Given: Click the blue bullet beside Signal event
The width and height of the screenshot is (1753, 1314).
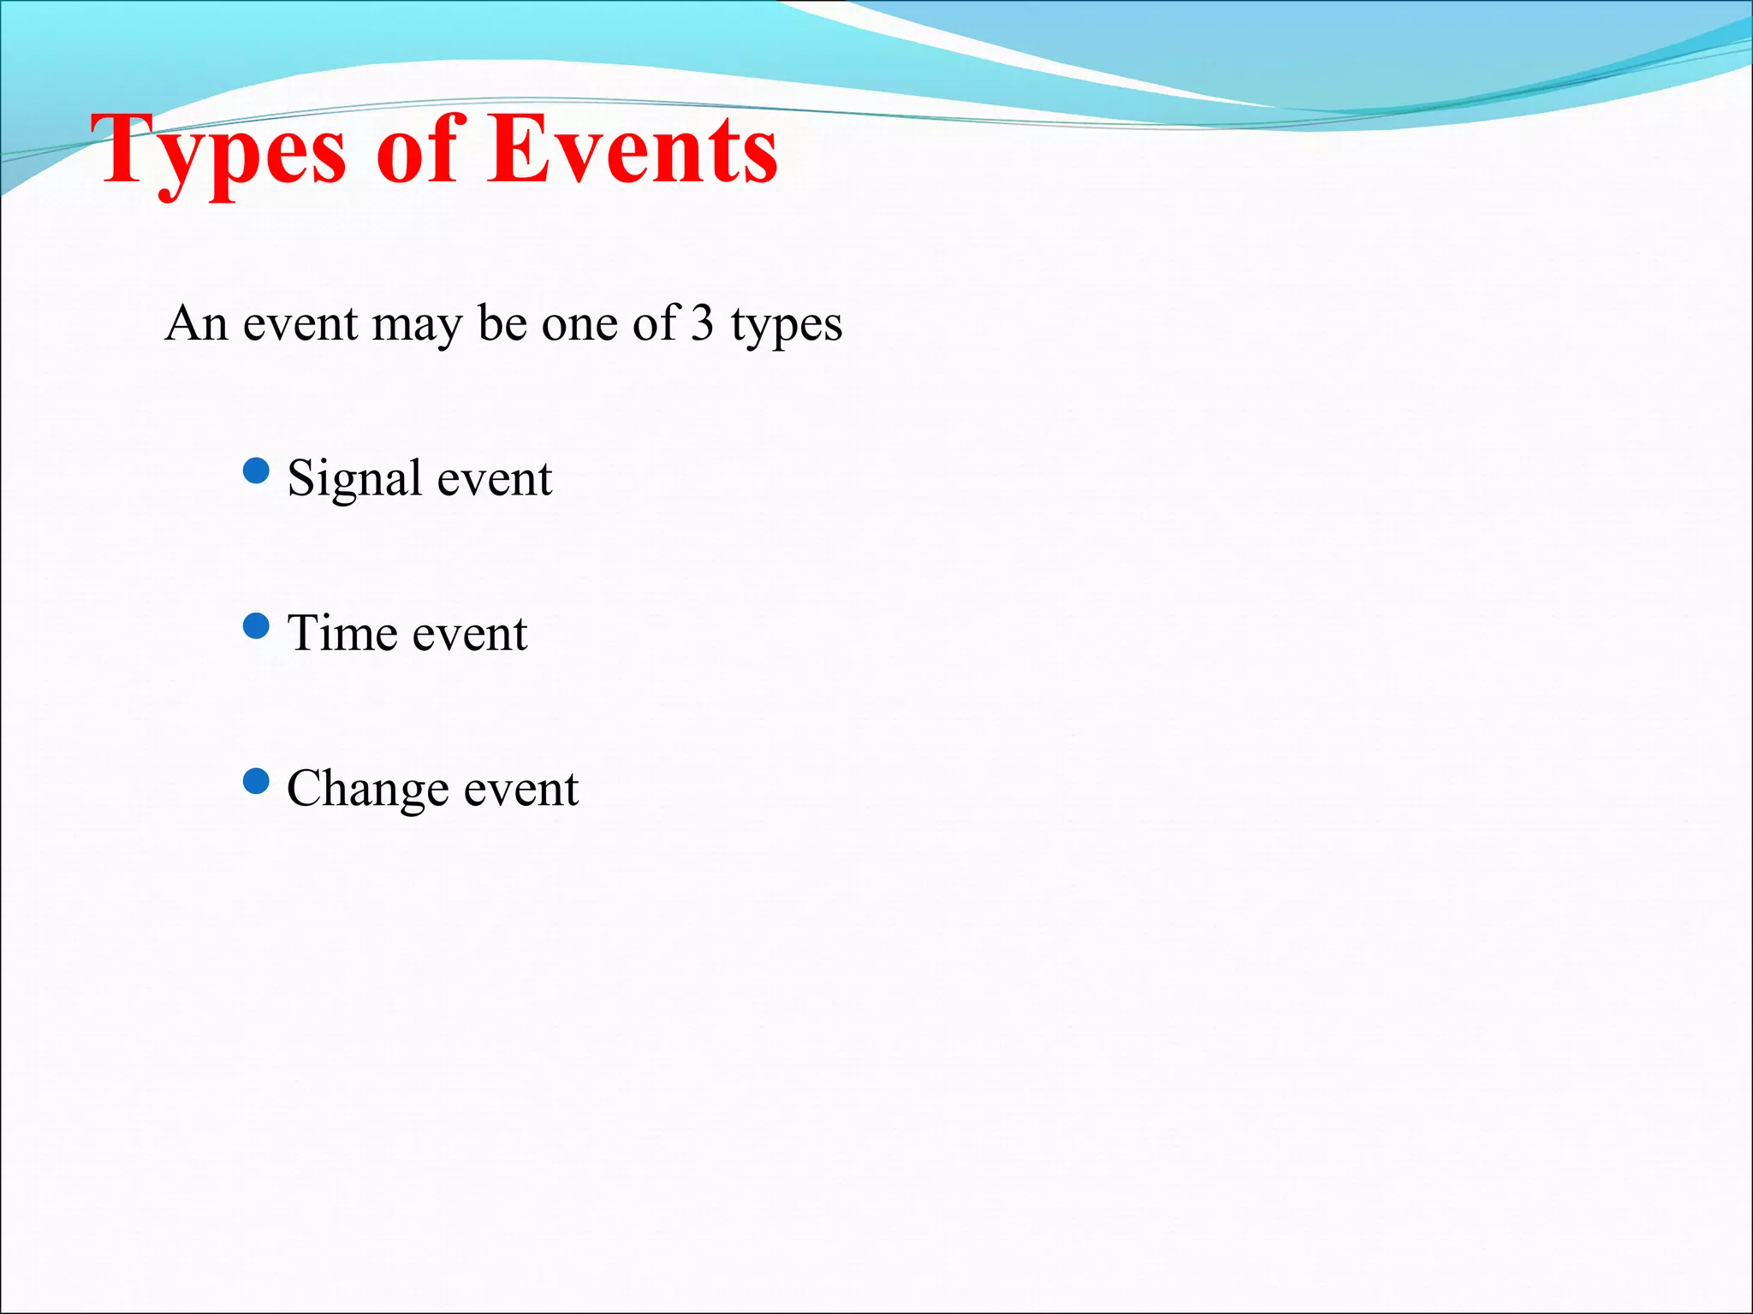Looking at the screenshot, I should click(256, 471).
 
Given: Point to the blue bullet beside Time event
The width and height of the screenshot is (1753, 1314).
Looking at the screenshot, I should click(256, 626).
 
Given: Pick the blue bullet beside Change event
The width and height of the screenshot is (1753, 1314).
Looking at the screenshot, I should click(256, 781).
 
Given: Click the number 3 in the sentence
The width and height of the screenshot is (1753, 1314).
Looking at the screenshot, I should click(703, 323).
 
